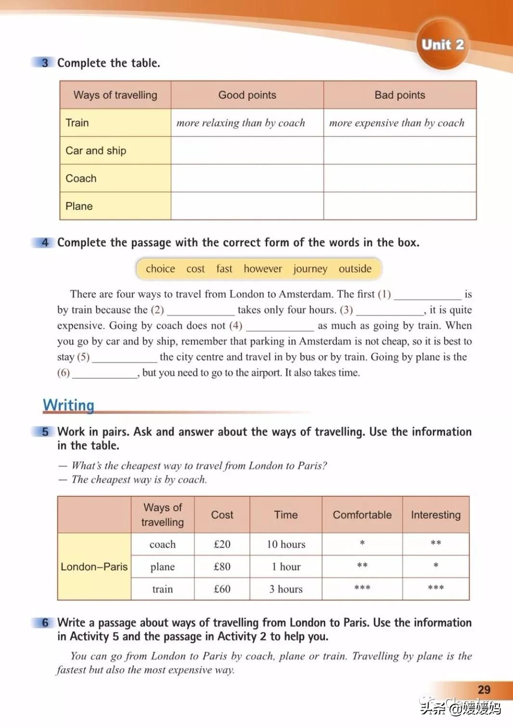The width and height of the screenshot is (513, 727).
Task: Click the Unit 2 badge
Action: coord(442,45)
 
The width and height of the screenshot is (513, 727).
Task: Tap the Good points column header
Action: coord(247,95)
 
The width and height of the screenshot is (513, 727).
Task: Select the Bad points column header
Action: coord(399,95)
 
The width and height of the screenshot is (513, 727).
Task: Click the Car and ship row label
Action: coord(96,151)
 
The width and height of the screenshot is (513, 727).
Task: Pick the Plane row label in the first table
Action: coord(79,206)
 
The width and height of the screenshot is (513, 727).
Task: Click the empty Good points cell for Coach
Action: coord(247,178)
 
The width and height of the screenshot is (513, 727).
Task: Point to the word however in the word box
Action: coord(263,269)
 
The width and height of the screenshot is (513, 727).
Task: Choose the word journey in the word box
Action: coord(310,269)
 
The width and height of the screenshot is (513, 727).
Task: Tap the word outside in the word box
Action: coord(355,269)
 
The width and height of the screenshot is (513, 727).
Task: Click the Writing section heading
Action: coord(68,405)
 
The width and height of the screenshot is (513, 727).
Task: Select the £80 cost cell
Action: coord(222,567)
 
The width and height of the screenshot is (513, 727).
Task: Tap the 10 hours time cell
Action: coord(286,544)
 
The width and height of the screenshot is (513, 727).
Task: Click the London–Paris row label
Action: coord(94,567)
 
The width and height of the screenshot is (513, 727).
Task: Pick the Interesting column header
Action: coord(436,515)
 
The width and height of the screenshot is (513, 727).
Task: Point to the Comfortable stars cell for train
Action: coord(362,589)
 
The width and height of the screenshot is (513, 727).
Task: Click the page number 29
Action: coord(484,689)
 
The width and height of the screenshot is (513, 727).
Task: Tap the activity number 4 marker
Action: coord(45,242)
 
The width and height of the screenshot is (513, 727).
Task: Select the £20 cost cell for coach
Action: coord(222,544)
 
